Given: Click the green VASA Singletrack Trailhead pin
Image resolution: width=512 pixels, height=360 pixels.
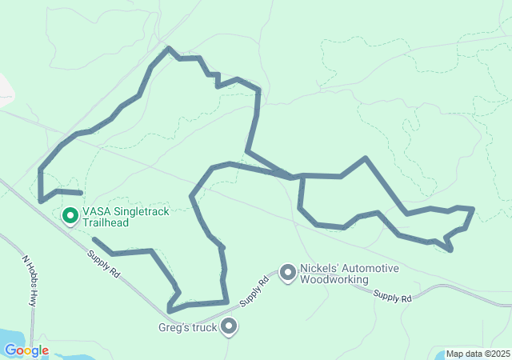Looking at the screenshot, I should (70, 216).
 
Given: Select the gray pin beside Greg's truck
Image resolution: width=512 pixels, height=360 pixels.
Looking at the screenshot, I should (230, 326).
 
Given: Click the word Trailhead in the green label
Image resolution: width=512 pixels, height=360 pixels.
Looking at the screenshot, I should (106, 223).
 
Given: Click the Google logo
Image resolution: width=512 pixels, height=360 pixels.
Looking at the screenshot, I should (26, 350).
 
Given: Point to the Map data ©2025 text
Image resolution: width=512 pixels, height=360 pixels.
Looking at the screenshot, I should (477, 354).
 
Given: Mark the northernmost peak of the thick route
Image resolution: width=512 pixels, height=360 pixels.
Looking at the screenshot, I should (168, 48).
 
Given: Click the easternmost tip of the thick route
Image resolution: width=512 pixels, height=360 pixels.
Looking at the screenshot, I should (474, 209).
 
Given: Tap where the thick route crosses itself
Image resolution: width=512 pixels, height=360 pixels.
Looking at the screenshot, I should (292, 176).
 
